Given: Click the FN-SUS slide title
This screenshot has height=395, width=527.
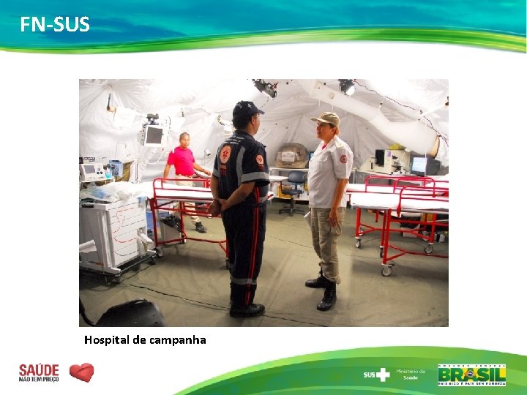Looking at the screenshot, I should coord(55,25).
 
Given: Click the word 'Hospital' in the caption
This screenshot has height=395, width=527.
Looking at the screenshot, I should coord(107,340).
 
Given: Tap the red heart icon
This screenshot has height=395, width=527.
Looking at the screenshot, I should coord(81,372).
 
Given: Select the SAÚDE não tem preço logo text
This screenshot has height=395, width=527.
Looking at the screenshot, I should coord(39,372).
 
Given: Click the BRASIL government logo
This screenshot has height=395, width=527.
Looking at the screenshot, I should coord(471,375).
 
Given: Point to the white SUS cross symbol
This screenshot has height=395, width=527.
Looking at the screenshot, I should coord(383,375).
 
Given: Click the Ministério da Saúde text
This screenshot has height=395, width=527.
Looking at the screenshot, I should coord(411,375).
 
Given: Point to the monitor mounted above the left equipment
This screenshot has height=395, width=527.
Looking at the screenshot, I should coord(154,135).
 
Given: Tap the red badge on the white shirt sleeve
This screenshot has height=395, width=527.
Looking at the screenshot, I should coord(343,159).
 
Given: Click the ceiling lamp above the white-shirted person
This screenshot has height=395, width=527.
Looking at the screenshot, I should coord(346,87).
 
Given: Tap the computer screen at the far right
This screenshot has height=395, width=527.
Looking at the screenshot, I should coord(419,165).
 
